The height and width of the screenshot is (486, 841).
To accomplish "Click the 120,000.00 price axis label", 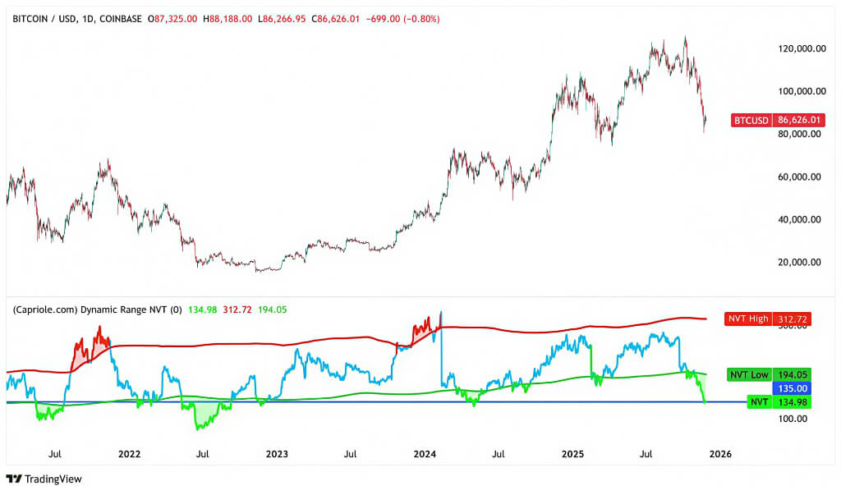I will click(801, 48).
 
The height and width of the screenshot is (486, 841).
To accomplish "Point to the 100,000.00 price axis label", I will click(801, 91).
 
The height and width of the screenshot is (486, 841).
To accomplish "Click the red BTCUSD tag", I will click(751, 121).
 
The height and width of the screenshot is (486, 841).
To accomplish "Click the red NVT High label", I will click(748, 318).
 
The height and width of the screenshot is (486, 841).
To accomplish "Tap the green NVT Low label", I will click(748, 374).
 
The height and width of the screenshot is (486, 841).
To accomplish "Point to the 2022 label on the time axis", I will click(129, 453).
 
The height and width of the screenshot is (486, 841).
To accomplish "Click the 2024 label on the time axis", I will click(425, 453).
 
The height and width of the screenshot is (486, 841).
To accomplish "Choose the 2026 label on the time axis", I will click(720, 453).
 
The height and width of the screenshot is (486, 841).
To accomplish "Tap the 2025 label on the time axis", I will click(572, 453).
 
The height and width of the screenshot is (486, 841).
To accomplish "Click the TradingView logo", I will click(44, 479).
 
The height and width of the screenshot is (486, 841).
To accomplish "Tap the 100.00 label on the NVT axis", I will click(793, 419).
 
